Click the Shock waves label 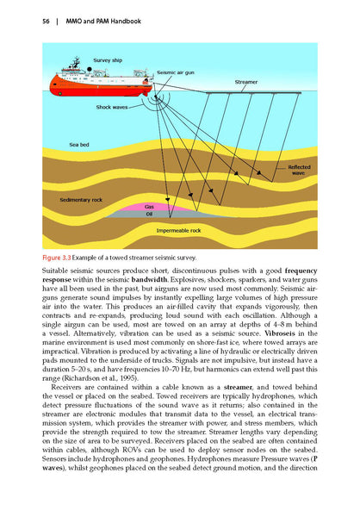[113, 107]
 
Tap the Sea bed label [80, 145]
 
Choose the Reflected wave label [298, 170]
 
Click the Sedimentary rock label [81, 199]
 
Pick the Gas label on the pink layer [149, 207]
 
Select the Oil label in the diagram [149, 215]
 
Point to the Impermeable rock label [179, 231]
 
